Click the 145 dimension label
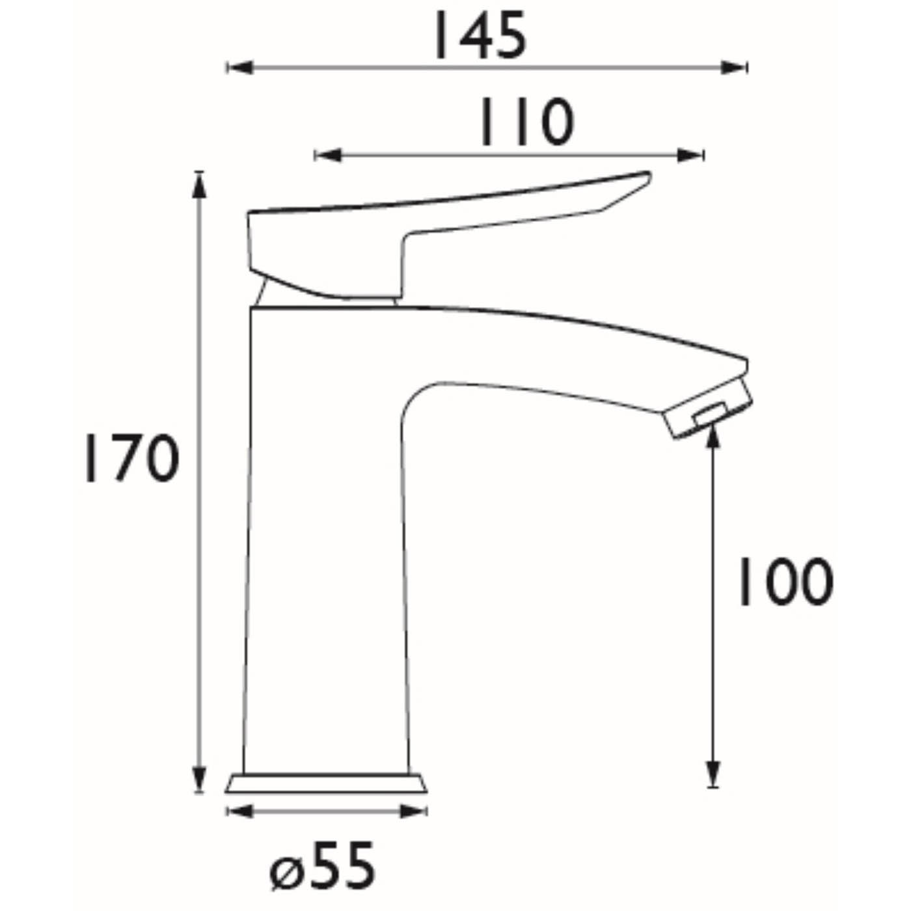point(480,36)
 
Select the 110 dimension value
point(527,122)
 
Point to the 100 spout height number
point(783,581)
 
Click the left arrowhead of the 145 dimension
point(238,67)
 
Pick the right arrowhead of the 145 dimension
point(735,67)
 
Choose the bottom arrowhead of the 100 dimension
point(714,774)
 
